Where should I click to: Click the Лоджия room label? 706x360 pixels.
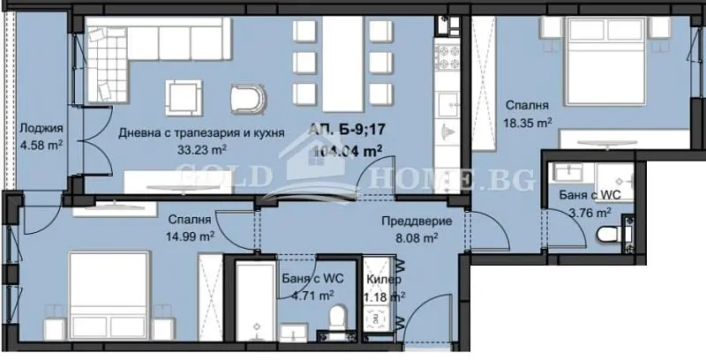[x=41, y=130]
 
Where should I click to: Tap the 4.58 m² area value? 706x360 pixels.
[x=41, y=146]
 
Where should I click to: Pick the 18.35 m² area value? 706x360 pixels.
[x=527, y=124]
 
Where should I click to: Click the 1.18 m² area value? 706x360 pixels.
[x=385, y=296]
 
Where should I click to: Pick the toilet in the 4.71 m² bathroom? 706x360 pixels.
[x=336, y=317]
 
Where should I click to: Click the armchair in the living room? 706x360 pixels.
[x=247, y=98]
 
